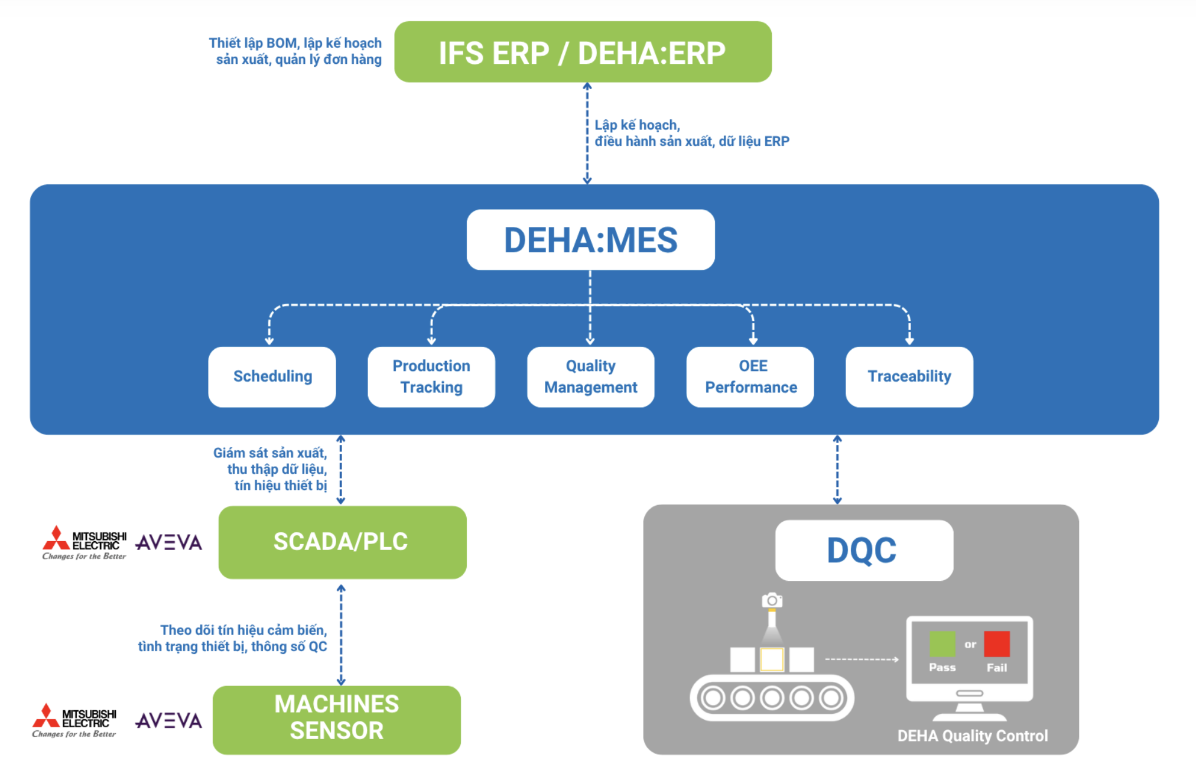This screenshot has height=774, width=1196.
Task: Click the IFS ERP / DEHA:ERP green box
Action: click(x=583, y=52)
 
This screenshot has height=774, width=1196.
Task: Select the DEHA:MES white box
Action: click(x=590, y=240)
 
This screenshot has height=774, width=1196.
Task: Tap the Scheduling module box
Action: click(x=272, y=377)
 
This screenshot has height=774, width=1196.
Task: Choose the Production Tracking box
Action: click(x=431, y=377)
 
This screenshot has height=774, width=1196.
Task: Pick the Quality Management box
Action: click(x=590, y=377)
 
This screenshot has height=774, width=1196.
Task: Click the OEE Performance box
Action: click(x=750, y=377)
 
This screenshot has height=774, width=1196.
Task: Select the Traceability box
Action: click(x=909, y=377)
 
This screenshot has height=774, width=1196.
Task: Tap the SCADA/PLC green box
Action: click(x=342, y=542)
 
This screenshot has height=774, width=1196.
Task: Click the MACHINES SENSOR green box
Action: click(x=336, y=719)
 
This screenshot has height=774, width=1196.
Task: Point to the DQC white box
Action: click(x=863, y=550)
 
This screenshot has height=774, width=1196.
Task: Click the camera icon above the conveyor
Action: click(x=772, y=601)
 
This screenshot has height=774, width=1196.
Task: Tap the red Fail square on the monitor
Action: click(x=996, y=644)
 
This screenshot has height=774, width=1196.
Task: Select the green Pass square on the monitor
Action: click(x=942, y=644)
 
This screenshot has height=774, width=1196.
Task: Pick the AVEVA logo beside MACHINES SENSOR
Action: click(x=168, y=720)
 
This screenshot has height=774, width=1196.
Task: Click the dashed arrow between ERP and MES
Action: click(x=587, y=134)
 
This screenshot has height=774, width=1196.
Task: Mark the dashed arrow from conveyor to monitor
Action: click(x=862, y=659)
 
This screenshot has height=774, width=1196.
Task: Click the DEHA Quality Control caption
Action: click(x=972, y=736)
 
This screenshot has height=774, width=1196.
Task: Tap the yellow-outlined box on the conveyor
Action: click(x=772, y=659)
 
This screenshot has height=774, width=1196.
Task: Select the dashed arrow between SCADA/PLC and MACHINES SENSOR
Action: click(x=341, y=635)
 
